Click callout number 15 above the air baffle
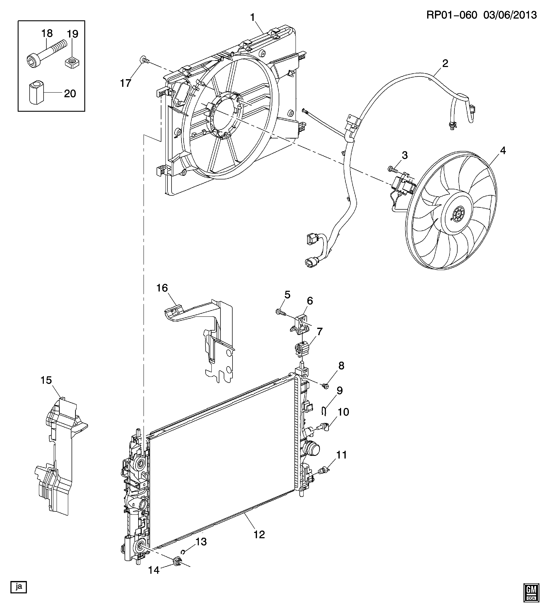[46, 380]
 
